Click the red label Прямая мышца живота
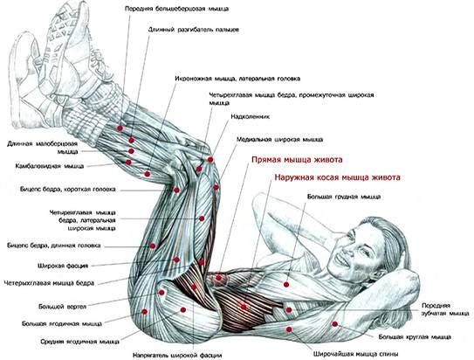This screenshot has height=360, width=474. pos(297,159)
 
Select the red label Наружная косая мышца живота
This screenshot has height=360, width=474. pos(337,177)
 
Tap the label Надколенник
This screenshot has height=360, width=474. pos(250,116)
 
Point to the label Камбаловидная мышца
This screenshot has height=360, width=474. pos(50,166)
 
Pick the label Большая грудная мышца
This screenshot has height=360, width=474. pos(344,197)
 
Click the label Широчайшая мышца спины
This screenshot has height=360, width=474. pos(356,354)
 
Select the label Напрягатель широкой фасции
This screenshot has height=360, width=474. pos(177,355)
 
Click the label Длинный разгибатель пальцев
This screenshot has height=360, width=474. pos(194,30)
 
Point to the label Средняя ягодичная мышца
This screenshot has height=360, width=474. pos(79,342)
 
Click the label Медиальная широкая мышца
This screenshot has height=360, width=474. pos(280,140)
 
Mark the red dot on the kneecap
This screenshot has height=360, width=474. pos(210,159)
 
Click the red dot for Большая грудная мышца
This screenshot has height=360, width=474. pos(286,284)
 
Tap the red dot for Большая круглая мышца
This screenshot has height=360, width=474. pos(334,324)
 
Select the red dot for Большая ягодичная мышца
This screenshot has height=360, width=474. pos(145,312)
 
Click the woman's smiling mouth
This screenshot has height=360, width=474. pos(342,258)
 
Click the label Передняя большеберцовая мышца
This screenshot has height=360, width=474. pos(177,9)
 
